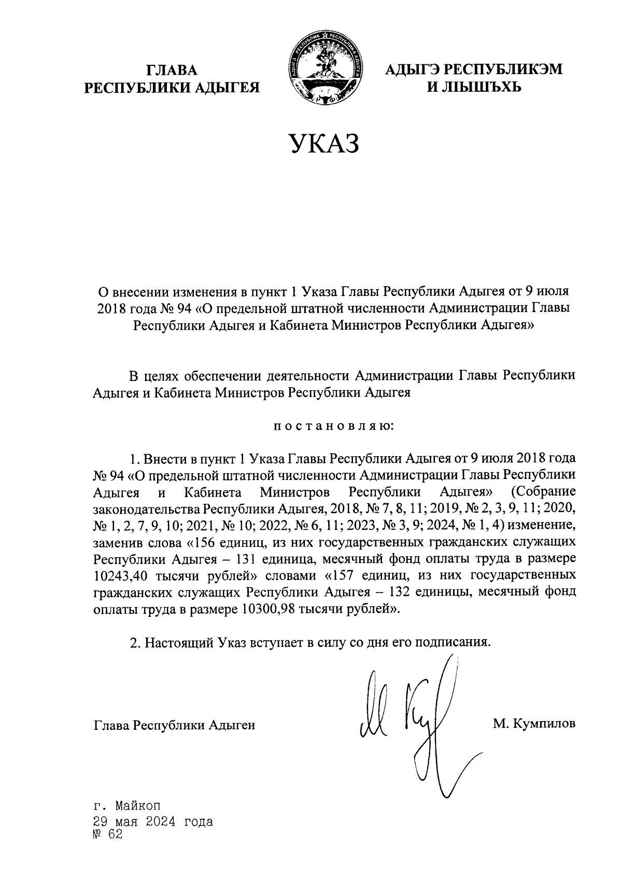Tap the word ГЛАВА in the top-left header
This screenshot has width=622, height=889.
coord(172,70)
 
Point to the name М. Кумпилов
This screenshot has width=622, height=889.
coord(534,724)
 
